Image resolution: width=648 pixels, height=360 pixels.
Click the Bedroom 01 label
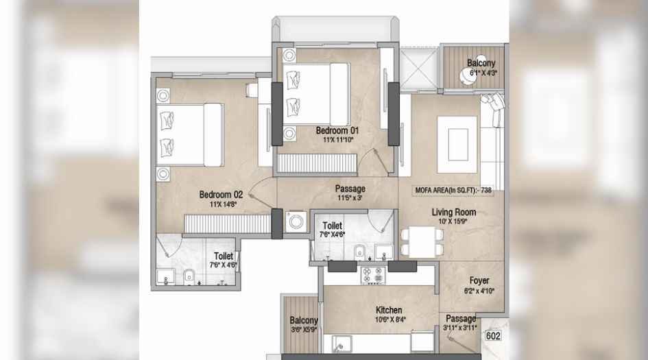point(337,130)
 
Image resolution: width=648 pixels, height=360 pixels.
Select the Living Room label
point(453,213)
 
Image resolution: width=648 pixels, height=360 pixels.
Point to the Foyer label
point(479,280)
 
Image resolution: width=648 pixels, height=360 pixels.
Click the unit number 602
point(493,336)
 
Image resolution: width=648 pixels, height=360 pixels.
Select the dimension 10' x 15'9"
point(453,221)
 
